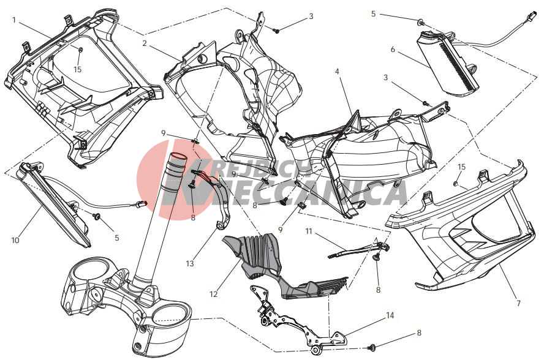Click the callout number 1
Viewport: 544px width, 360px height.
coord(14,20)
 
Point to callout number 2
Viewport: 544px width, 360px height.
coord(145,43)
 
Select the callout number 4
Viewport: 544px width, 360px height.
coord(337,72)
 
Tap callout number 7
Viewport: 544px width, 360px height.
coord(519,303)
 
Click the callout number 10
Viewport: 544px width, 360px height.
coord(15,240)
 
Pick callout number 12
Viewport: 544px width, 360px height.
coord(213,294)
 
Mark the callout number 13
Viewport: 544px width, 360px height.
coord(190,264)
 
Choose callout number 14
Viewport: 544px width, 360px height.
coord(390,315)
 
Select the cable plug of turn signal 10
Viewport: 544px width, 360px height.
coord(142,204)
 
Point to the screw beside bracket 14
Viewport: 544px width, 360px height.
coord(372,347)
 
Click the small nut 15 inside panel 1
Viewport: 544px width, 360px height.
coord(80,50)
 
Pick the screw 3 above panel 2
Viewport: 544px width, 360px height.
coord(276,31)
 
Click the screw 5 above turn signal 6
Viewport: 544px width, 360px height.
coord(421,22)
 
